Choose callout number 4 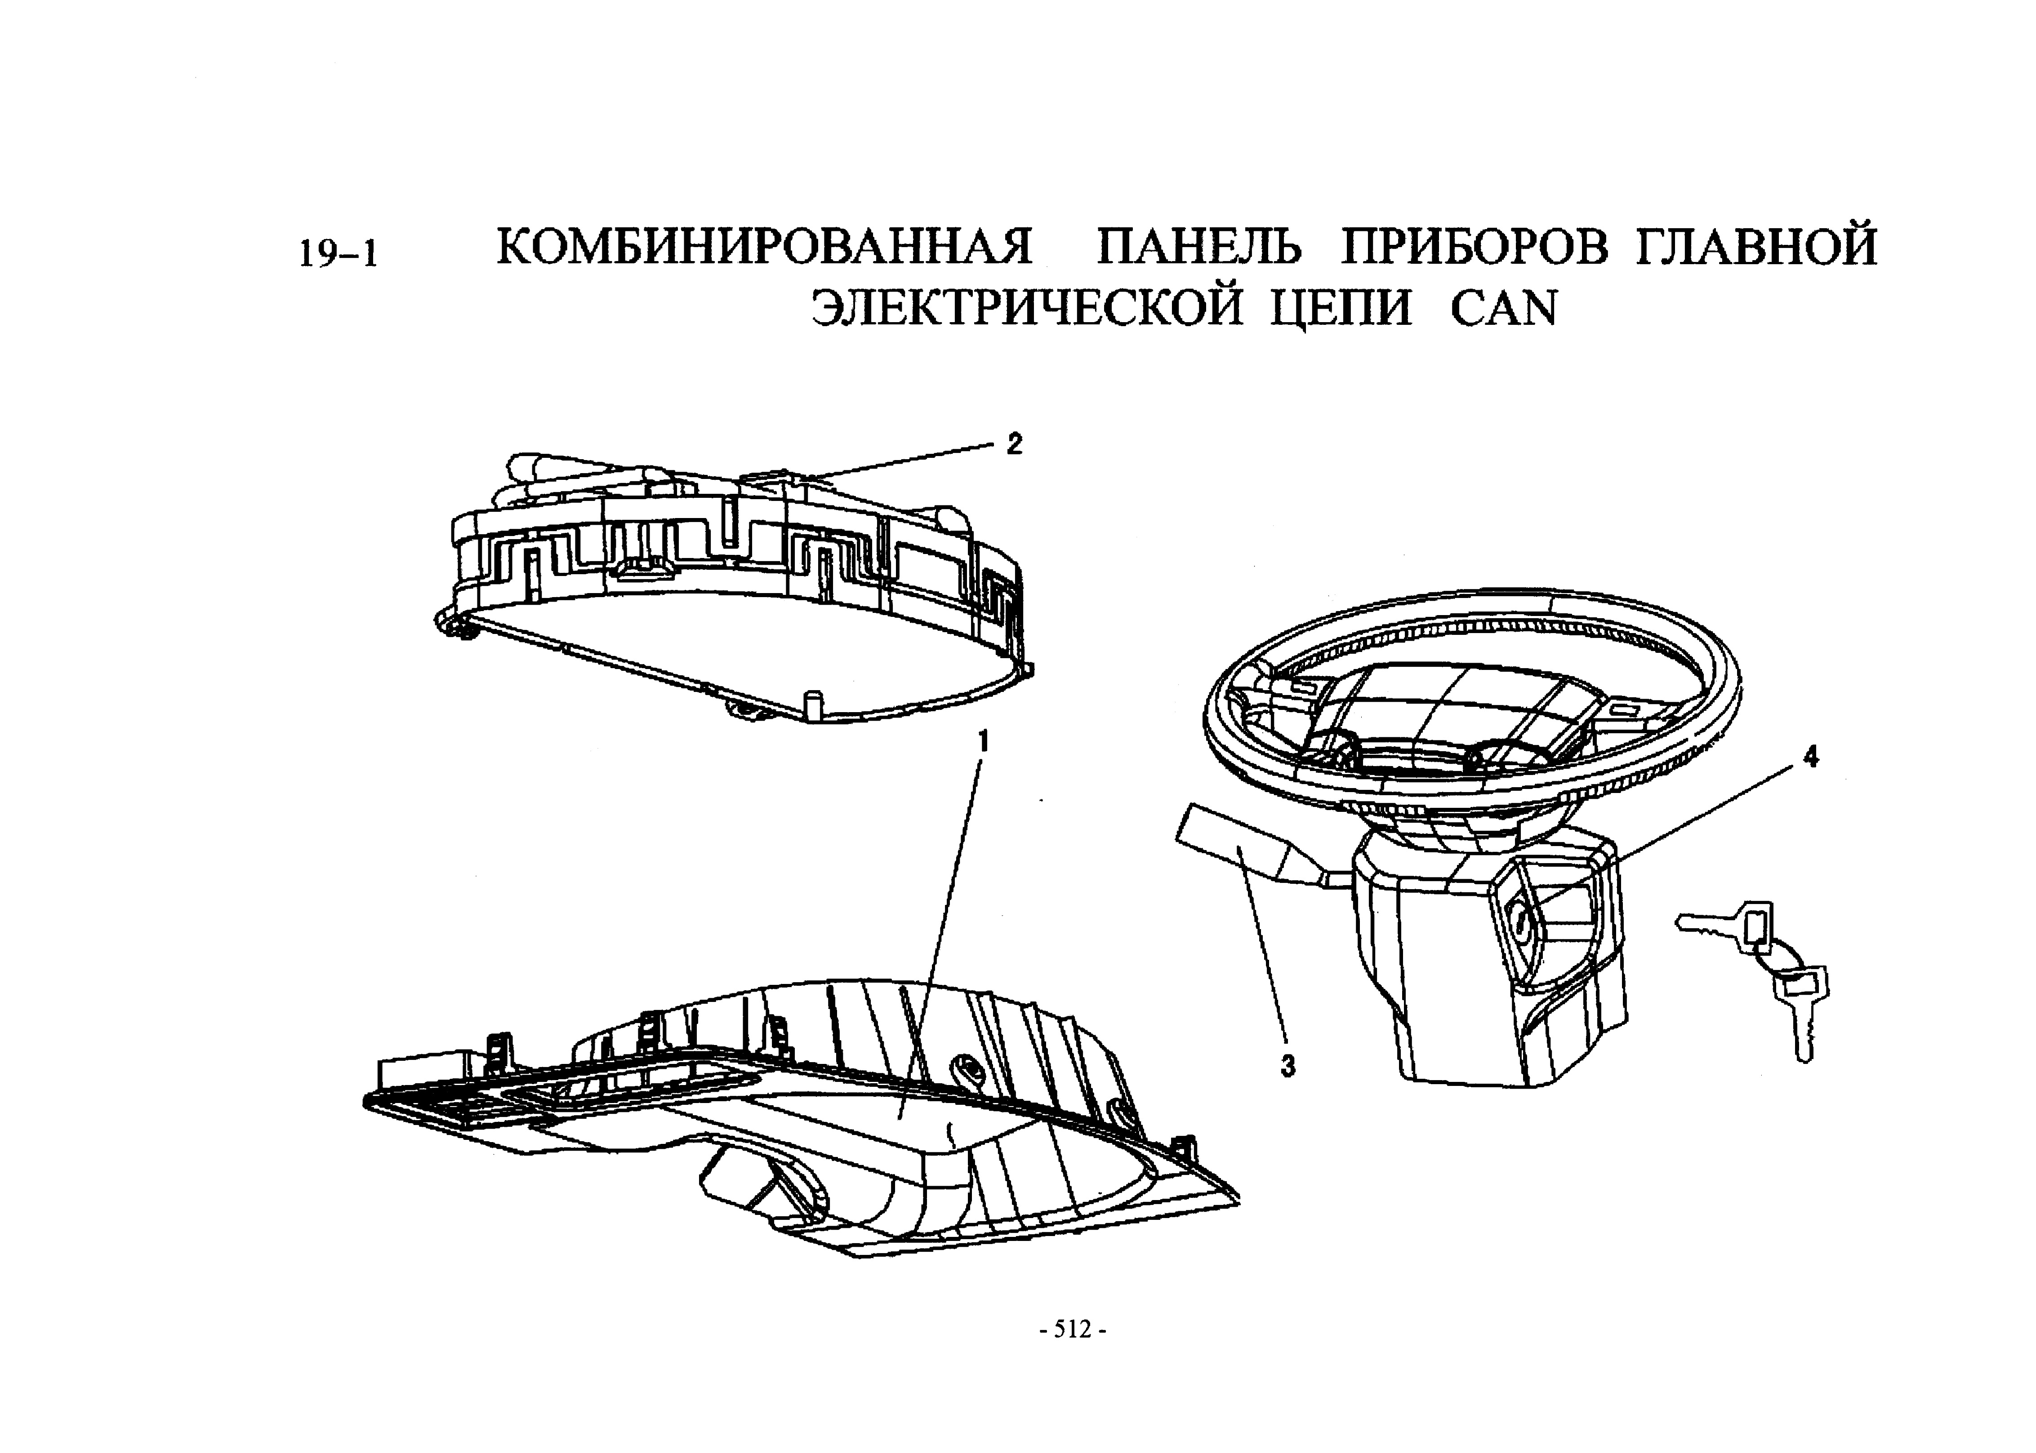pos(1810,757)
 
